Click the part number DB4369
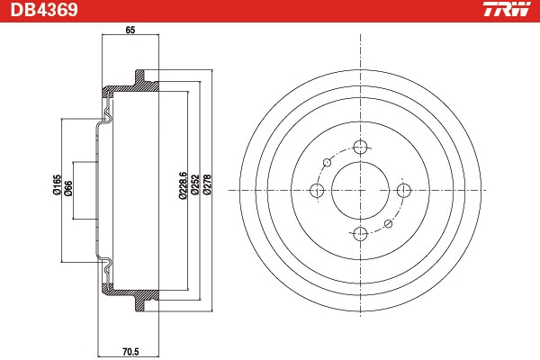coord(44,10)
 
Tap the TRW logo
coord(508,9)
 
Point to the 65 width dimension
coord(130,31)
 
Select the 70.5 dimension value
coord(130,352)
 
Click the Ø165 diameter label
coord(57,184)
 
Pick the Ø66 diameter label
coord(68,188)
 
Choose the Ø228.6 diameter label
coord(183,185)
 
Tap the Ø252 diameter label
coord(195,185)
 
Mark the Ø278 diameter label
coord(207,185)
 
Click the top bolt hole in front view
coord(360,148)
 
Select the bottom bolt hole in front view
coord(360,234)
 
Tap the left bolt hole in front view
coord(317,191)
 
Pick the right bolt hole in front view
coord(403,190)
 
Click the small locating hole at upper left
coord(328,163)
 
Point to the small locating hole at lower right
coord(388,224)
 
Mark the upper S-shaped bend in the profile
coord(107,115)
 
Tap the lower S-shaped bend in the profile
coord(107,265)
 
